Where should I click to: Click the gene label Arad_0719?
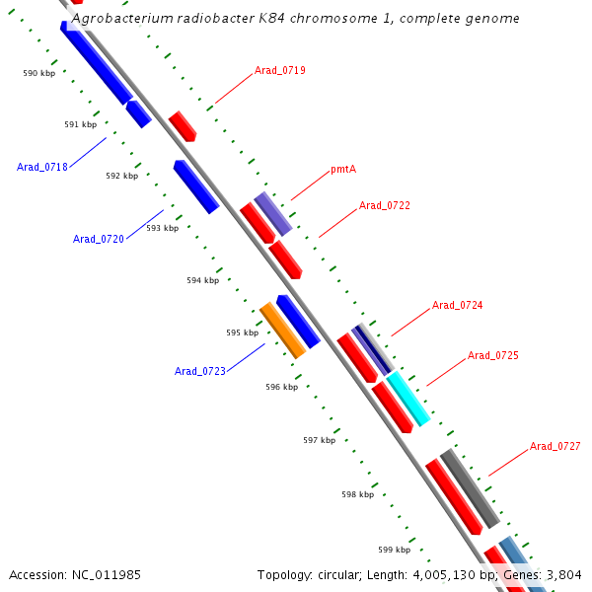click(x=280, y=70)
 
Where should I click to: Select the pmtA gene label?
click(x=343, y=169)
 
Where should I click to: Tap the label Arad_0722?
click(x=385, y=205)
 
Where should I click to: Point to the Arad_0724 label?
click(x=458, y=305)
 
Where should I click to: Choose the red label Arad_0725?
click(x=493, y=355)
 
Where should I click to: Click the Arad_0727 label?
click(x=555, y=446)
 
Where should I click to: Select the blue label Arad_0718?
click(x=42, y=167)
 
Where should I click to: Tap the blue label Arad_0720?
click(x=99, y=239)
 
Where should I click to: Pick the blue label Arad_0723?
click(x=200, y=371)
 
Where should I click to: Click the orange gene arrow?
click(x=282, y=331)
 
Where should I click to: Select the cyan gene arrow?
click(x=408, y=399)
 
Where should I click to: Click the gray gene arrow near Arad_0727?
click(x=470, y=488)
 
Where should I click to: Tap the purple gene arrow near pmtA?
click(x=273, y=213)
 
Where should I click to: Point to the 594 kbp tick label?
click(x=202, y=280)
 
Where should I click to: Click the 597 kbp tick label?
click(x=319, y=440)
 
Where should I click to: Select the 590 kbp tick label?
click(x=39, y=73)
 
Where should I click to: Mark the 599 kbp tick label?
click(x=394, y=550)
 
